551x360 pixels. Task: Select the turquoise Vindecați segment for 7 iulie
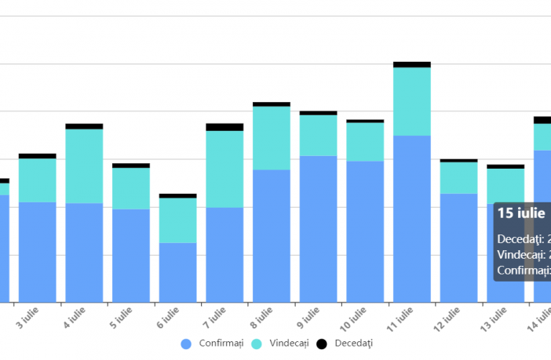[x=224, y=169]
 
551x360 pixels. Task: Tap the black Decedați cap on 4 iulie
[x=84, y=126]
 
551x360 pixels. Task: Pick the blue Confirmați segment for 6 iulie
[x=178, y=271]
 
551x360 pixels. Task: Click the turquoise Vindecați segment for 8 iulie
[x=272, y=137]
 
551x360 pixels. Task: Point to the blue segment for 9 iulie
[x=318, y=228]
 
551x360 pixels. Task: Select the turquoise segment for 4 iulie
[x=84, y=165]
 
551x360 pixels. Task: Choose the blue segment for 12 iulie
[x=458, y=247]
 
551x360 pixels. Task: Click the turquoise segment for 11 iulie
[x=412, y=101]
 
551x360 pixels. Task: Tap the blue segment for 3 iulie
[x=38, y=251]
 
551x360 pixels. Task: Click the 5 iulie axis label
[x=122, y=318]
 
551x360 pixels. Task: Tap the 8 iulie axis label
[x=263, y=318]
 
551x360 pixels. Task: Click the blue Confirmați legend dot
[x=186, y=344]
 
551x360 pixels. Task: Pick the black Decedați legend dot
[x=322, y=344]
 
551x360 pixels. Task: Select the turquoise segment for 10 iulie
[x=365, y=141]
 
